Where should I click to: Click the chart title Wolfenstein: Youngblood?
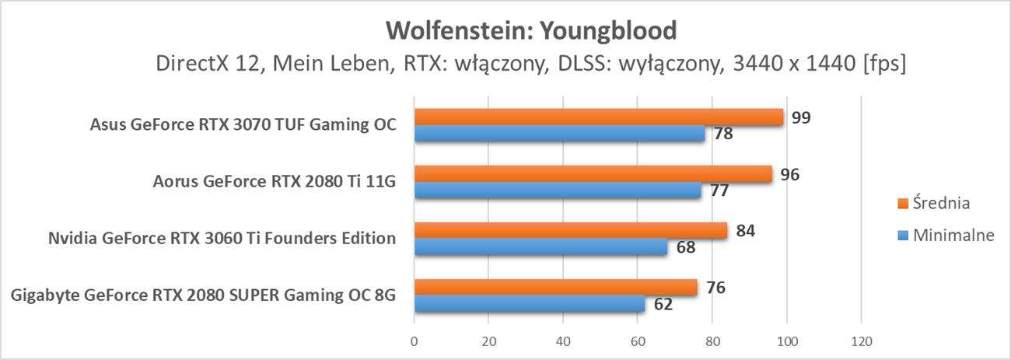coord(532,30)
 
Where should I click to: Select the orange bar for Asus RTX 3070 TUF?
coord(598,117)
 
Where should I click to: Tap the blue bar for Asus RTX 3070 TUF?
coord(559,134)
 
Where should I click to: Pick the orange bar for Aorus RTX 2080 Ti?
coord(593,174)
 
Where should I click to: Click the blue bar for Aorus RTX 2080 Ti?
coord(557,190)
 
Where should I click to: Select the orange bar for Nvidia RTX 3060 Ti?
coord(570,231)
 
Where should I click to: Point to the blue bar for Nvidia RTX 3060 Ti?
coord(540,247)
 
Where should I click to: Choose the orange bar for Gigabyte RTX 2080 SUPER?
coord(555,288)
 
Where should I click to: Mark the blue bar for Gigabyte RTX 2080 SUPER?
coord(529,304)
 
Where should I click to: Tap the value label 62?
coord(663,304)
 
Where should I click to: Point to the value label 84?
coord(746,231)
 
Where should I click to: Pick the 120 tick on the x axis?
coord(861,341)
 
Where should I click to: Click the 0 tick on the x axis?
coord(414,341)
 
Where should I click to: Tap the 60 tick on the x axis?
coord(638,341)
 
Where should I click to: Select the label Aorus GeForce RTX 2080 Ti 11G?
coord(275,182)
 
